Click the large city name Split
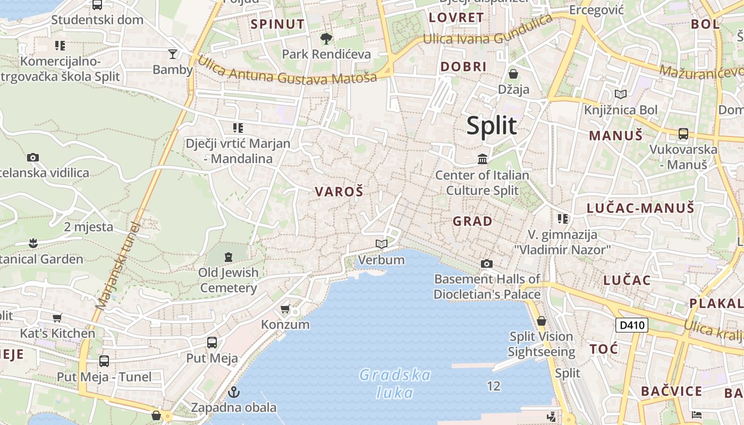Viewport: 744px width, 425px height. point(491,126)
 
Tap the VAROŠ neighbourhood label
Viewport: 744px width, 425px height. point(339,192)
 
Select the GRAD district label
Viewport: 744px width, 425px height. point(472,221)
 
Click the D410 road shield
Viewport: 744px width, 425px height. point(632,325)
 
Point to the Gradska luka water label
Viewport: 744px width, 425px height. point(395,384)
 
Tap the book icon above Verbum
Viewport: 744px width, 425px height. point(382,244)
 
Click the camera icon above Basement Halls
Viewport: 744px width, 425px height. point(486,263)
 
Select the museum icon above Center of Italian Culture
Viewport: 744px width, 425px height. point(483,159)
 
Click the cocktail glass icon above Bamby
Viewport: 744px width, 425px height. point(173,54)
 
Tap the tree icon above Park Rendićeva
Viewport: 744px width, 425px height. point(326,38)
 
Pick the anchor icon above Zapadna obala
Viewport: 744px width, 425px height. point(233,393)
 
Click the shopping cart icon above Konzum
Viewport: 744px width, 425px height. point(285,309)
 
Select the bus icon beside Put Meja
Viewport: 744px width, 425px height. point(212,343)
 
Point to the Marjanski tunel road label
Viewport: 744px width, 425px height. point(117,266)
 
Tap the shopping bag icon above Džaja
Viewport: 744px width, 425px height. point(513,73)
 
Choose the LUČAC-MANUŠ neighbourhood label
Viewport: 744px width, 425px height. point(640,208)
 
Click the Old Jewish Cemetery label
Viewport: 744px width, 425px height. point(229,280)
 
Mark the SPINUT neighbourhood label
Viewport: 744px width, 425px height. point(277,24)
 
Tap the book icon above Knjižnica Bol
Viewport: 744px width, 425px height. point(620,94)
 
